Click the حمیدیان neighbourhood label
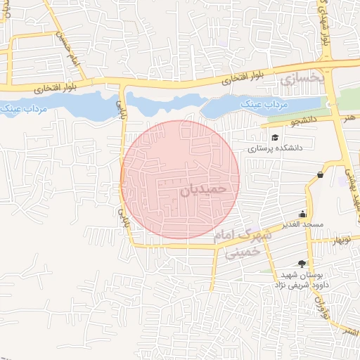click(x=204, y=188)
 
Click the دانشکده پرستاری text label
click(x=295, y=149)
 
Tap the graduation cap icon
click(x=275, y=137)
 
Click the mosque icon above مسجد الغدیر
click(x=303, y=214)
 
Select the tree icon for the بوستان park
click(x=302, y=264)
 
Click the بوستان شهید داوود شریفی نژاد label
click(x=302, y=279)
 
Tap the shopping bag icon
click(x=320, y=174)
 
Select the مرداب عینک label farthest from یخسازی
click(x=24, y=111)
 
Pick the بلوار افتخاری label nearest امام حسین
click(x=53, y=88)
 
